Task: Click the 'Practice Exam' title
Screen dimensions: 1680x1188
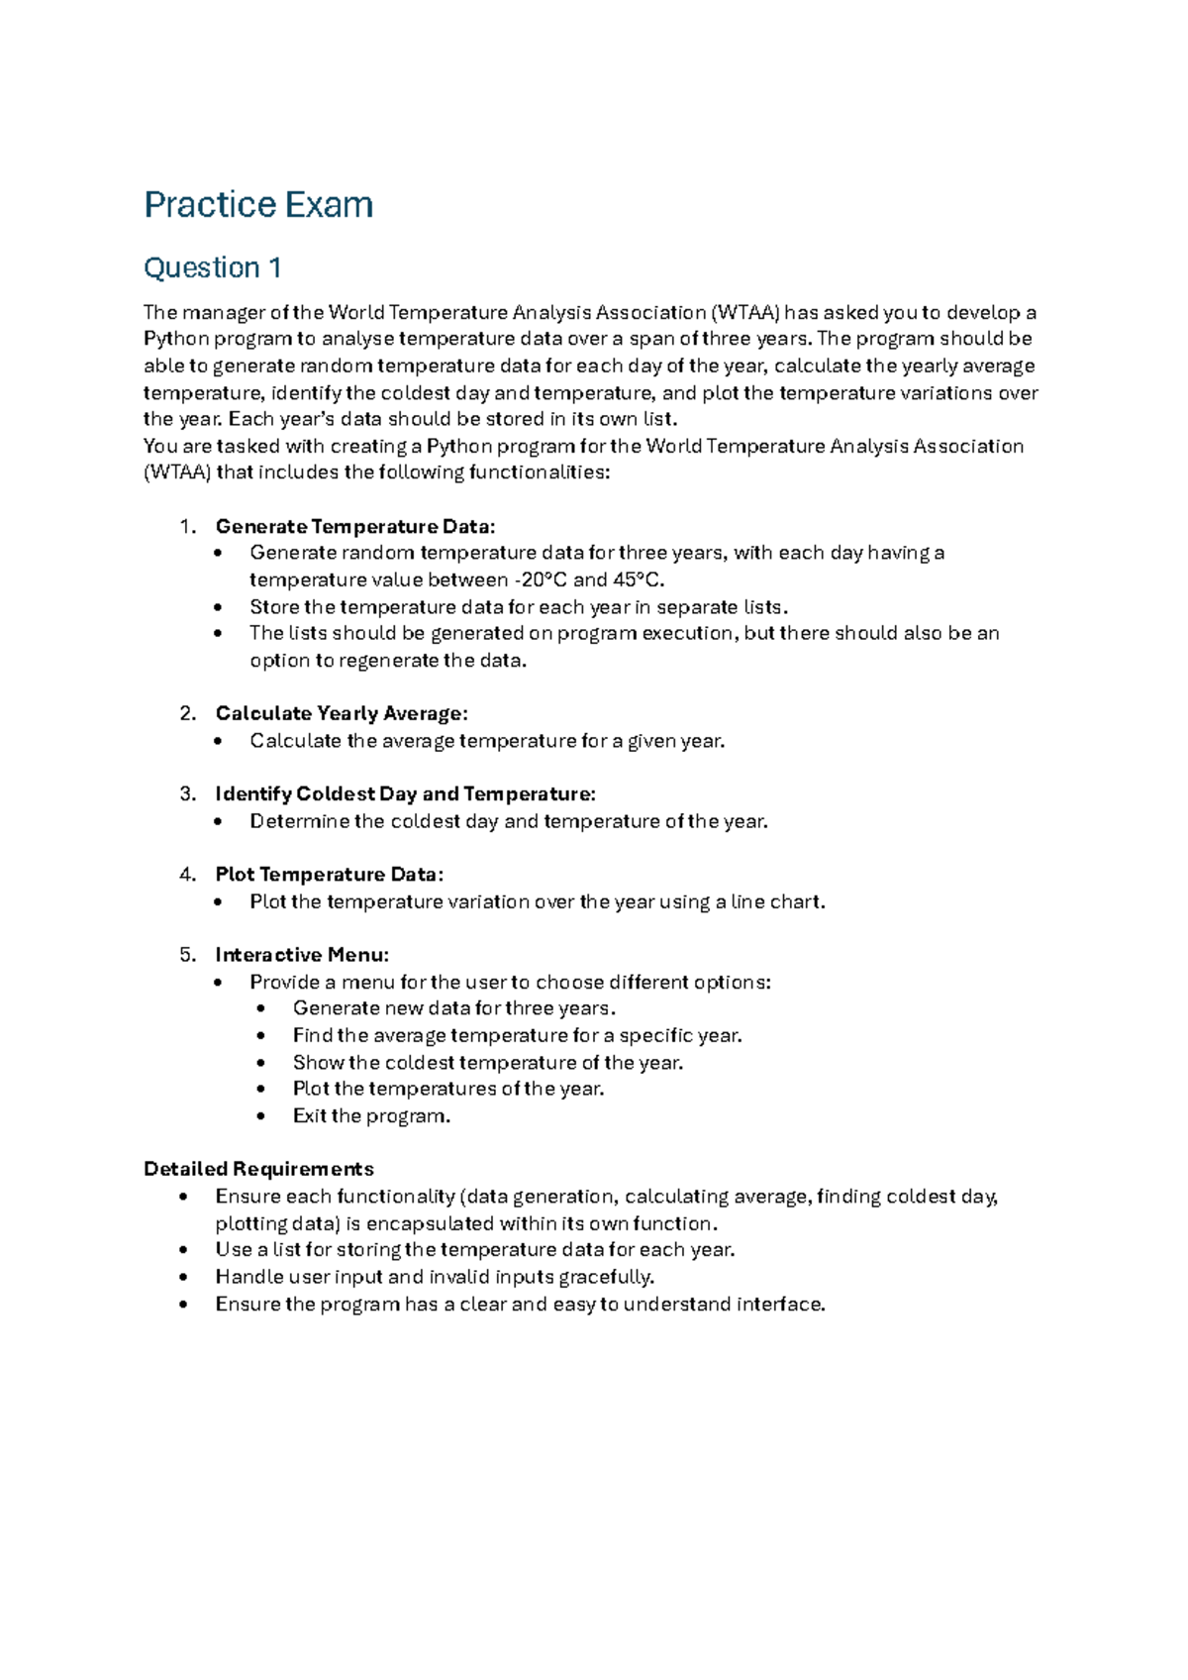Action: [x=258, y=205]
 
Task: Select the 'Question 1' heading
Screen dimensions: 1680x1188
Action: [x=213, y=267]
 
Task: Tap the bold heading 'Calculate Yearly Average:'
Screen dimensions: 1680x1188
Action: [x=342, y=713]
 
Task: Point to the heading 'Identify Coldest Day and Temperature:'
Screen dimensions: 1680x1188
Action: [x=406, y=793]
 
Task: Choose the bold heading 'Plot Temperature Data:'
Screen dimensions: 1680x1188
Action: [x=330, y=874]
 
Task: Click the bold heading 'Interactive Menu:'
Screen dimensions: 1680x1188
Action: [x=302, y=955]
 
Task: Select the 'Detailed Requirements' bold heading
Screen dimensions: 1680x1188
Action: [x=258, y=1169]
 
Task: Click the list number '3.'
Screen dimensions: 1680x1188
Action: [x=188, y=793]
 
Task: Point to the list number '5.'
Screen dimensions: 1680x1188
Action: [x=188, y=955]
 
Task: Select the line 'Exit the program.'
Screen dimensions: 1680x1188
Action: [x=371, y=1116]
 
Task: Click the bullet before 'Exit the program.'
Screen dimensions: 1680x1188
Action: [x=260, y=1116]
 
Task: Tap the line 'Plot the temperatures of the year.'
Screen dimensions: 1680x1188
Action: [x=448, y=1089]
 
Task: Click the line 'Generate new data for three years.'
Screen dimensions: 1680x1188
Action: [x=454, y=1008]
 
